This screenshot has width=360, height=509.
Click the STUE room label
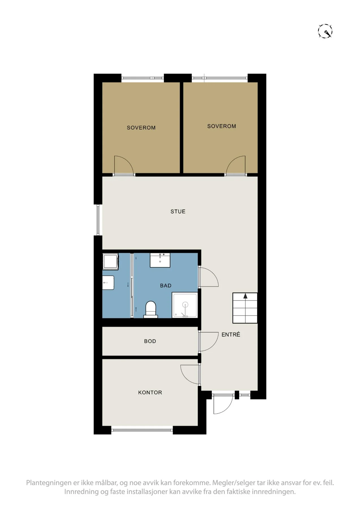(x=178, y=212)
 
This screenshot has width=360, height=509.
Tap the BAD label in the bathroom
(x=166, y=286)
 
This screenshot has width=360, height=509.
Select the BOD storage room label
(x=150, y=341)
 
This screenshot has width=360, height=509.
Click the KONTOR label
(x=150, y=392)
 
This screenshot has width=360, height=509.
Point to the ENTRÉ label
(x=231, y=335)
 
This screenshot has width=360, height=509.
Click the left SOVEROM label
(x=141, y=128)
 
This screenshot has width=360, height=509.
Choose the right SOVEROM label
(x=221, y=126)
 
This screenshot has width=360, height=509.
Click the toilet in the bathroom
(x=150, y=309)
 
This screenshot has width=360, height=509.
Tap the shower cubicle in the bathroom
(x=185, y=305)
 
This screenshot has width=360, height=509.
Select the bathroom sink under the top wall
(x=160, y=260)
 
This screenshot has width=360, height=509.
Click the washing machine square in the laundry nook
(x=111, y=262)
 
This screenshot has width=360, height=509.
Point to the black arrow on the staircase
(x=245, y=296)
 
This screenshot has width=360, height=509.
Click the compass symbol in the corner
(x=325, y=31)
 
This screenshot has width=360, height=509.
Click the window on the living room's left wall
(x=98, y=220)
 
